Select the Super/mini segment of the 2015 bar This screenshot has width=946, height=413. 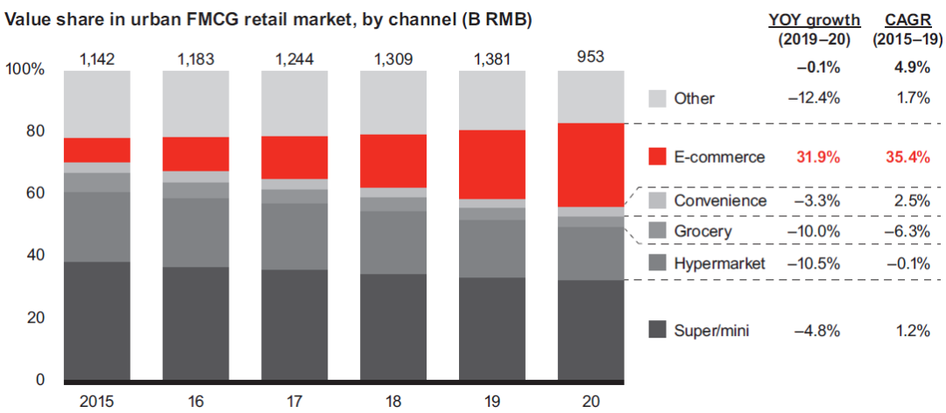(x=97, y=320)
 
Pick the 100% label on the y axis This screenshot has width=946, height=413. (x=25, y=69)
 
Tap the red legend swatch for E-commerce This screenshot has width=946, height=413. (x=660, y=157)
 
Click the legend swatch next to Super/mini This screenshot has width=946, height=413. (x=660, y=330)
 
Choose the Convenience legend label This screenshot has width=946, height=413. (x=721, y=200)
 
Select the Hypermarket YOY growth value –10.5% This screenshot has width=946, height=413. (x=815, y=263)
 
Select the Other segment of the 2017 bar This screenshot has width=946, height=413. (x=294, y=102)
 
